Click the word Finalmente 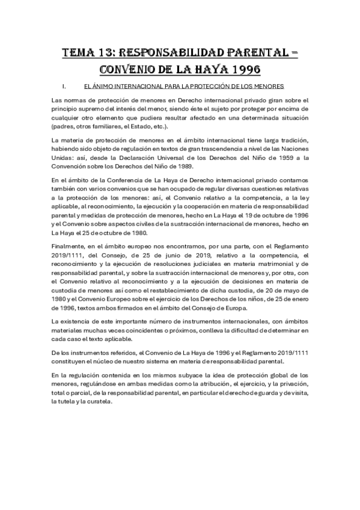[x=70, y=246]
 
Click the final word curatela [x=99, y=402]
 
